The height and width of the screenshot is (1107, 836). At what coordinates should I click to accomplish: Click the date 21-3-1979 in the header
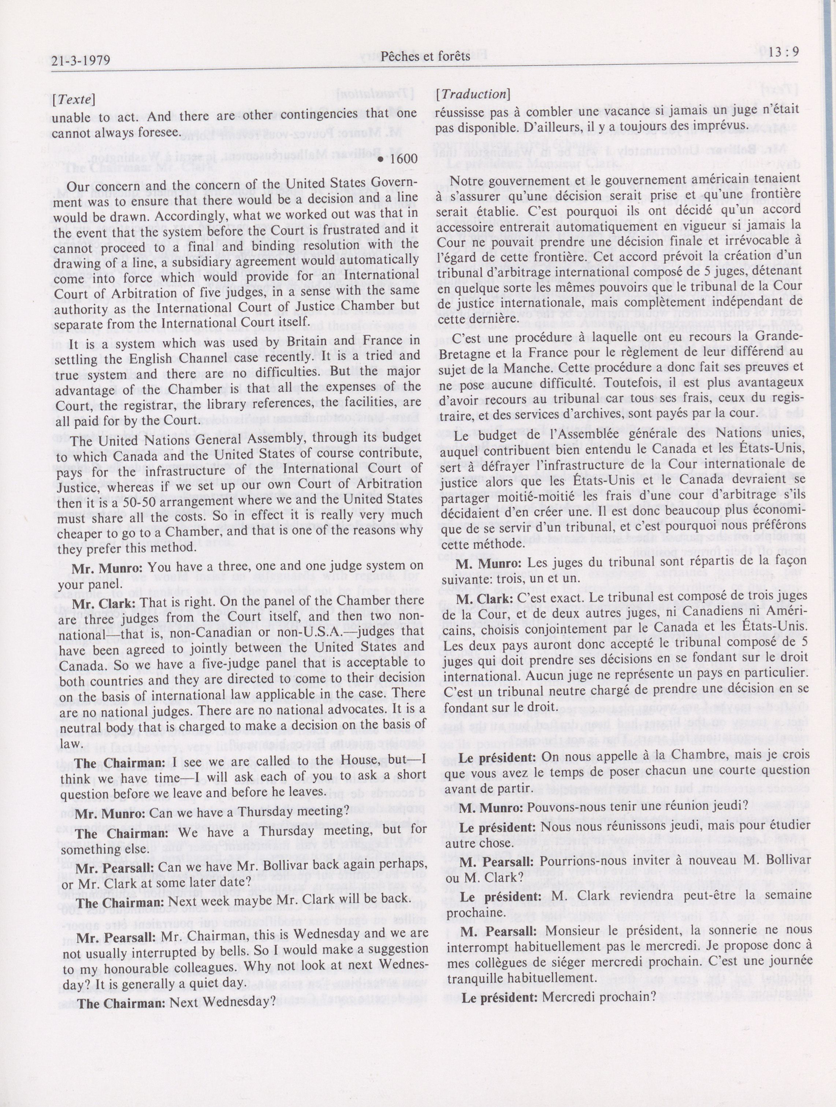[x=81, y=61]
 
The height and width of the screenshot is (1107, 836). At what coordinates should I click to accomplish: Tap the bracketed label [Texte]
[x=74, y=100]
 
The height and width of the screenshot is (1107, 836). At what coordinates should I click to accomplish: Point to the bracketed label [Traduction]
[x=472, y=94]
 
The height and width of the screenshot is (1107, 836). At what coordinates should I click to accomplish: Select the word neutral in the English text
[x=89, y=724]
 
